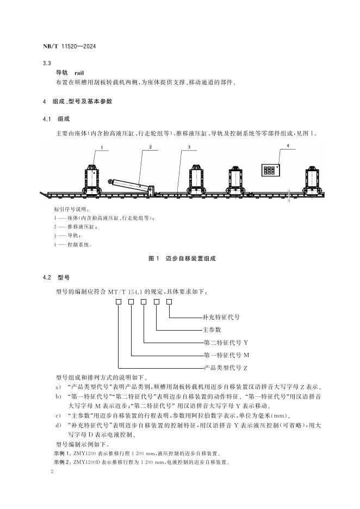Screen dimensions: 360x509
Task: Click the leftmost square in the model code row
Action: click(119, 302)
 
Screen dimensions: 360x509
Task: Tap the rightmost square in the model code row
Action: click(169, 302)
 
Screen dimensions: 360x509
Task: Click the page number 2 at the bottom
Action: click(51, 473)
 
